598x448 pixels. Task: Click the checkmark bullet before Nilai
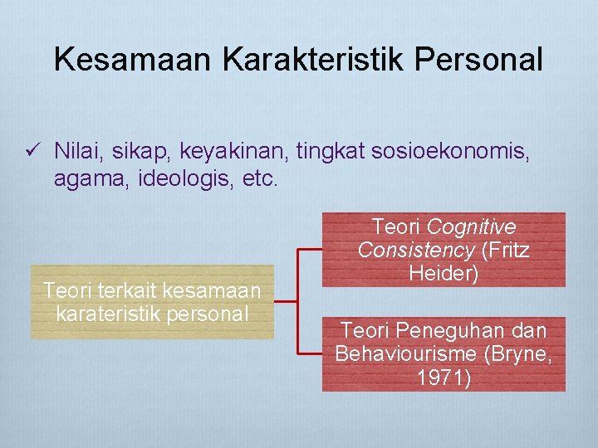33,150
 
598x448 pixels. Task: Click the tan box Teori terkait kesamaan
152,302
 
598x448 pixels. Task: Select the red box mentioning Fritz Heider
444,250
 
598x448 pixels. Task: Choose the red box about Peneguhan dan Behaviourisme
444,354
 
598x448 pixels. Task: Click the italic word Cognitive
471,226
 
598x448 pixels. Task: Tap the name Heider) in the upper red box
444,274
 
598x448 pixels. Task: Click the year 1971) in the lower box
444,378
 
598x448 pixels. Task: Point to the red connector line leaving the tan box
287,301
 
